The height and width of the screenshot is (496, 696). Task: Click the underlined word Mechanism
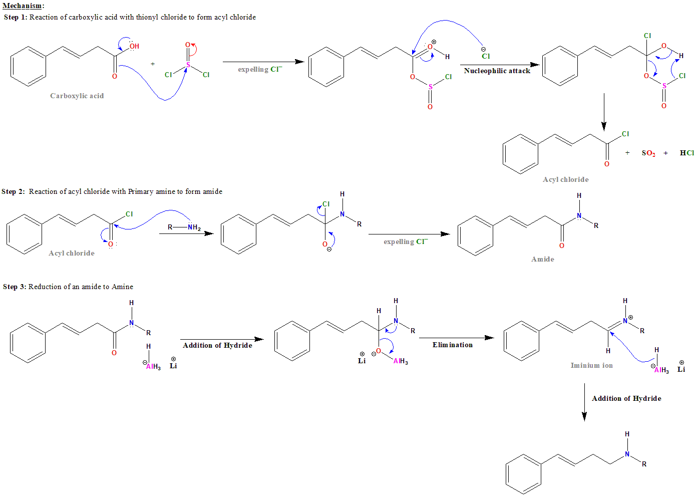pyautogui.click(x=22, y=6)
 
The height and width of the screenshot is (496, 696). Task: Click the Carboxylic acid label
pyautogui.click(x=77, y=96)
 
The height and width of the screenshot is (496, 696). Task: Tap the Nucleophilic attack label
pyautogui.click(x=497, y=71)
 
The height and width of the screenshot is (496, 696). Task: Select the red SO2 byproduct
pyautogui.click(x=648, y=153)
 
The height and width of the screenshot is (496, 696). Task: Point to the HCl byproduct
pyautogui.click(x=686, y=153)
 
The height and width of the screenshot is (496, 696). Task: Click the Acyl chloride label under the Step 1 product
pyautogui.click(x=565, y=179)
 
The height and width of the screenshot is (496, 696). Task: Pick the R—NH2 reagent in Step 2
pyautogui.click(x=184, y=227)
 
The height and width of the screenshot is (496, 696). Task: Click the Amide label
pyautogui.click(x=542, y=259)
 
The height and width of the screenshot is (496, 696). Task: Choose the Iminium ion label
pyautogui.click(x=591, y=365)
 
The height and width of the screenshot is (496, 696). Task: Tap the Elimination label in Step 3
pyautogui.click(x=452, y=345)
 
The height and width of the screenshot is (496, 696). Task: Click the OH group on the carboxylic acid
pyautogui.click(x=134, y=46)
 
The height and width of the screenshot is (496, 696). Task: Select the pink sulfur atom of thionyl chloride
pyautogui.click(x=188, y=65)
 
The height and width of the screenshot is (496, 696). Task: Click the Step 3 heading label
pyautogui.click(x=68, y=287)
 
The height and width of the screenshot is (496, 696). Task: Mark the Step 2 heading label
pyautogui.click(x=112, y=191)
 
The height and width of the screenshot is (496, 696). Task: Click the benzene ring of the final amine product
pyautogui.click(x=523, y=474)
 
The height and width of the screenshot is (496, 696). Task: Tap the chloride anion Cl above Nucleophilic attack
pyautogui.click(x=485, y=56)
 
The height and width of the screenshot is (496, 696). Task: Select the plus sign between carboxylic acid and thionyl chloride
pyautogui.click(x=153, y=64)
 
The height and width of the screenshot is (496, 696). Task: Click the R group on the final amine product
pyautogui.click(x=644, y=464)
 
